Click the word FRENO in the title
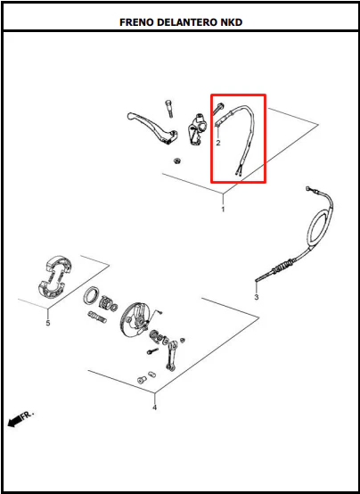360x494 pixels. [x=136, y=22]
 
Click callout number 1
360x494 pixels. [x=223, y=210]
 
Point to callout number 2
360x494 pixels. [x=218, y=143]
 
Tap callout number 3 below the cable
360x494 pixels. [x=256, y=297]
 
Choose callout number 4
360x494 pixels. [x=154, y=408]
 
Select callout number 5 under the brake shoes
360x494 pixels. [x=48, y=323]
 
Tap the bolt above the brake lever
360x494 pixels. [x=168, y=108]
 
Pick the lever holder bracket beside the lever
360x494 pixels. [x=196, y=129]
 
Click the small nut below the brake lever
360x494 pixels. [x=176, y=161]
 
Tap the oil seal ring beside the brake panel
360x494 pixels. [x=91, y=294]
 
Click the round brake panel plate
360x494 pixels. [x=132, y=319]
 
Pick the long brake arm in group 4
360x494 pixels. [x=171, y=355]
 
